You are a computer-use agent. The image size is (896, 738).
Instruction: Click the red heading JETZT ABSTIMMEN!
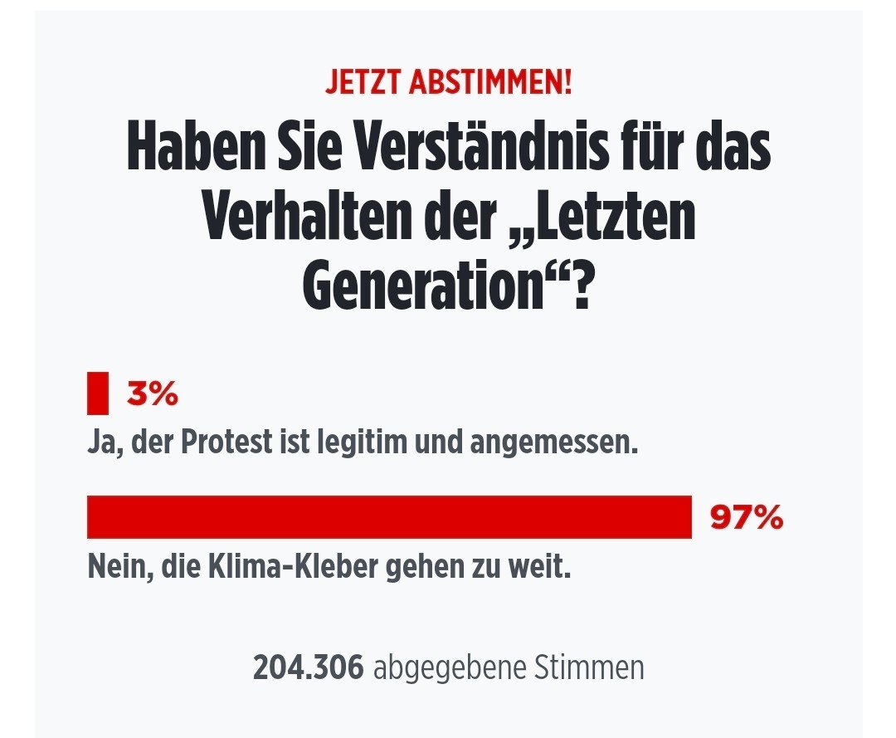click(x=448, y=85)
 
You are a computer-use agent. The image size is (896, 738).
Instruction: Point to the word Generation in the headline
click(x=415, y=286)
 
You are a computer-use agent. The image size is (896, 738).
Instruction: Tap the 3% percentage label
click(x=152, y=395)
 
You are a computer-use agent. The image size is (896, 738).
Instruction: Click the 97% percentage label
click(x=746, y=518)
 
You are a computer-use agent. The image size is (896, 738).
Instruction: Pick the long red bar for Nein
click(x=389, y=517)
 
